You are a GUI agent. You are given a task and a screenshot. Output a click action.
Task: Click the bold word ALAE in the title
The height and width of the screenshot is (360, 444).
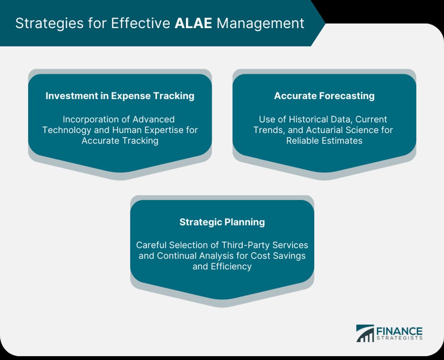click(193, 23)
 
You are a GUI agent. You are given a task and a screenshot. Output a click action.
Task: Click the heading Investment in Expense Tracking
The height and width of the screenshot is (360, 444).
click(120, 96)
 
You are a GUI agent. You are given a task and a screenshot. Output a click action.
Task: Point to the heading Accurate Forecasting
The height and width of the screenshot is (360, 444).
click(324, 96)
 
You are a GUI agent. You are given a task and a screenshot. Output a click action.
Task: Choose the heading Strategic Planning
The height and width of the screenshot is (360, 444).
click(222, 222)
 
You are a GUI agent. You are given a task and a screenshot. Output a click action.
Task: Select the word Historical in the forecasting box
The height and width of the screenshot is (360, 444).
click(309, 119)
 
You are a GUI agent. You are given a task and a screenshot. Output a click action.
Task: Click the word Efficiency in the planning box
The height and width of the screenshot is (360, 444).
click(231, 266)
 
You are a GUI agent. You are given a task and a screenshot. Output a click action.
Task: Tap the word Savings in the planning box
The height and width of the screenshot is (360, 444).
click(289, 256)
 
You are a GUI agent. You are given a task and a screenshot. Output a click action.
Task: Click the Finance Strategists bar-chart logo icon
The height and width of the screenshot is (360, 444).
click(365, 333)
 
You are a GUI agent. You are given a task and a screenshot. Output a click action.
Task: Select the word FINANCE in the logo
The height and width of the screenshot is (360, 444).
click(399, 331)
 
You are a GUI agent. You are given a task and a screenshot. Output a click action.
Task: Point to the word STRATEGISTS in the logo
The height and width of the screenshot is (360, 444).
click(399, 338)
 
